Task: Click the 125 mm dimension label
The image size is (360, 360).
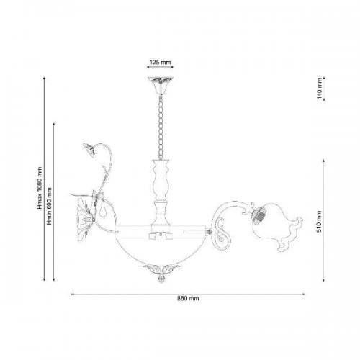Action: [x=161, y=63]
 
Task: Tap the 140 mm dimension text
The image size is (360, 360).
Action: [x=319, y=89]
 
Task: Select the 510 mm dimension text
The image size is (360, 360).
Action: [x=319, y=222]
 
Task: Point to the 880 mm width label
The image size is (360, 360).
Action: [x=188, y=298]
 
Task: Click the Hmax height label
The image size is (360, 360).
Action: [x=40, y=188]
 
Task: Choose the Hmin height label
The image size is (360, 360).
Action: [x=50, y=206]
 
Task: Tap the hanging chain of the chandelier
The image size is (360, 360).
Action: [x=161, y=127]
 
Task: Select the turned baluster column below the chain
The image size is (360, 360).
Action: [x=161, y=193]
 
